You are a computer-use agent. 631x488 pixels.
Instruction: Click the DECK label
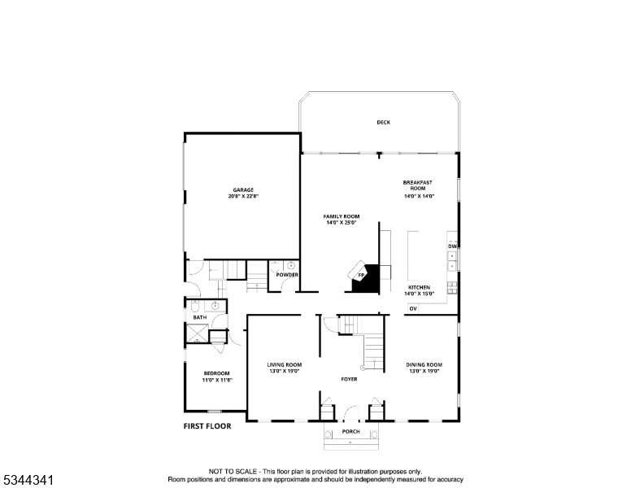pyautogui.click(x=383, y=123)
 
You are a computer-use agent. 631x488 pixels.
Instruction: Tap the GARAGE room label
pyautogui.click(x=244, y=190)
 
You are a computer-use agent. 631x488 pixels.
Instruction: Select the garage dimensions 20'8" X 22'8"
pyautogui.click(x=244, y=197)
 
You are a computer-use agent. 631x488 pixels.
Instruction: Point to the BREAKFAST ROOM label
pyautogui.click(x=419, y=185)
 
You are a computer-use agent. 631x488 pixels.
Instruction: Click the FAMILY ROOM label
pyautogui.click(x=342, y=216)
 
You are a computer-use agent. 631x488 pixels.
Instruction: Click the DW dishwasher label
pyautogui.click(x=452, y=246)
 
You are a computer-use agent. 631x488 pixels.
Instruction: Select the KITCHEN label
pyautogui.click(x=419, y=287)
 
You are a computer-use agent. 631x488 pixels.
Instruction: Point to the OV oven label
pyautogui.click(x=413, y=309)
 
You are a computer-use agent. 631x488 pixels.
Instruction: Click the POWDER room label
pyautogui.click(x=287, y=275)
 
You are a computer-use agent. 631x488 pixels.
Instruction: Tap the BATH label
pyautogui.click(x=199, y=317)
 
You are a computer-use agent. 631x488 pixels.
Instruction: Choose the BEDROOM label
pyautogui.click(x=216, y=373)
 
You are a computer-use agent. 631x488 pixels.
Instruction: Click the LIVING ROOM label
pyautogui.click(x=285, y=364)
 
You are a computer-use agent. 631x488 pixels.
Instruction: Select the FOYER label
pyautogui.click(x=349, y=379)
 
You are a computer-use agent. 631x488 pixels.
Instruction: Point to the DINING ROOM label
pyautogui.click(x=424, y=364)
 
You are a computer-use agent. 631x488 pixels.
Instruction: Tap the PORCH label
pyautogui.click(x=350, y=431)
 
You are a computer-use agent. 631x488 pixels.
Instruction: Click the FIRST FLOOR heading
pyautogui.click(x=207, y=426)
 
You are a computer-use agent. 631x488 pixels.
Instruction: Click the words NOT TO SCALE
pyautogui.click(x=235, y=472)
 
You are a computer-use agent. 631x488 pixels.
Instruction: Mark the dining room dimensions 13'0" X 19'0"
pyautogui.click(x=424, y=371)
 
